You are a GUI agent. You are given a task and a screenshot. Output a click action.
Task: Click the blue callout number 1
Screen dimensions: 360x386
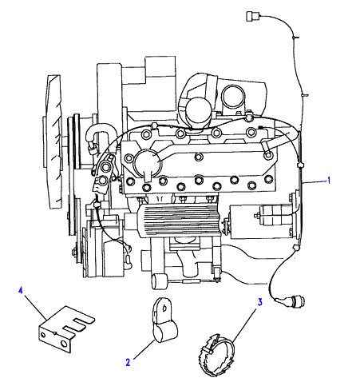click(x=329, y=181)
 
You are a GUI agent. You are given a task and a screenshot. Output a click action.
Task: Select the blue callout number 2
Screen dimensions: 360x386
click(x=128, y=362)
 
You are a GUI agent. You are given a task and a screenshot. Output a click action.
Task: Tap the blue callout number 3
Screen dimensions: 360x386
click(x=259, y=302)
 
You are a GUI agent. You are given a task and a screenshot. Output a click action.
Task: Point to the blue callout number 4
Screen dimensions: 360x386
click(x=21, y=290)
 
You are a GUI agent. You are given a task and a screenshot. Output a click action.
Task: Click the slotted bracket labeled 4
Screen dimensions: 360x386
click(x=64, y=328)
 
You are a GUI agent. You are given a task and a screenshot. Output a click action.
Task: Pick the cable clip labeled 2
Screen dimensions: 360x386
click(x=164, y=320)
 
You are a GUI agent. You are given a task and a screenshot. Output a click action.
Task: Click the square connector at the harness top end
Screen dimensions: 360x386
click(x=251, y=16)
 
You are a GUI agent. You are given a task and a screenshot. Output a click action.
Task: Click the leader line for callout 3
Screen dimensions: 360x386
click(x=245, y=325)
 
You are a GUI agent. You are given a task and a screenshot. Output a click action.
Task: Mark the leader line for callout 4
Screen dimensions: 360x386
click(x=35, y=307)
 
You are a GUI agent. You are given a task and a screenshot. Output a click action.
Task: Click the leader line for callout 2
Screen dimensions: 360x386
click(x=144, y=349)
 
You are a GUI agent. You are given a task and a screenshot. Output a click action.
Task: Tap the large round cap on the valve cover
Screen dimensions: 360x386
click(x=147, y=162)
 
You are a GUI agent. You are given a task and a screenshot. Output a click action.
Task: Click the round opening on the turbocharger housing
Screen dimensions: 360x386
click(x=233, y=97)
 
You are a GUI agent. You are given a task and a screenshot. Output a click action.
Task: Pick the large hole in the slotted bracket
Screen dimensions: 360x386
click(x=64, y=344)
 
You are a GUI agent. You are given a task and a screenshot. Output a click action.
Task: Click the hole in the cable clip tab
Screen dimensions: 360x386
click(x=164, y=308)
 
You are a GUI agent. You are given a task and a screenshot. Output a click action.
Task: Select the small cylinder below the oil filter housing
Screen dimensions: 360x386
click(x=159, y=281)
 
